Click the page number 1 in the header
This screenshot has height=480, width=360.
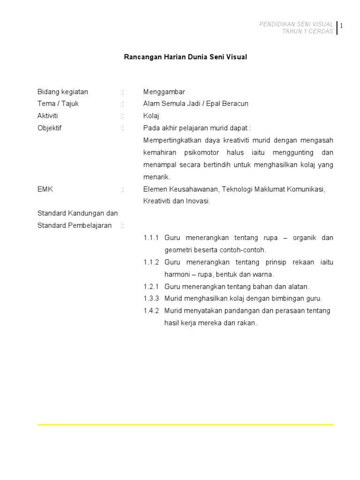[342, 26]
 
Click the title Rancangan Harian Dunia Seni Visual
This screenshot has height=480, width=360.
[185, 57]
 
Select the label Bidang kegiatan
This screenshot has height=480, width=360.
[63, 91]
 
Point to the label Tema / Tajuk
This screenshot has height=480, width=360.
[58, 104]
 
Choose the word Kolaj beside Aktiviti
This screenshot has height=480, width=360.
[151, 116]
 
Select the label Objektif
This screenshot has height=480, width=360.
[50, 128]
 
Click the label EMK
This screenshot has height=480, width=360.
[45, 189]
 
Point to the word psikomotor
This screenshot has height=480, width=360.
[202, 152]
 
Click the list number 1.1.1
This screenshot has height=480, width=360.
[151, 238]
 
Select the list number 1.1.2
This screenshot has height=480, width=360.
[151, 262]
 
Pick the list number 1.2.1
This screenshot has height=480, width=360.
[151, 286]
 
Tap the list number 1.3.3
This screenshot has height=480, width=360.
[151, 299]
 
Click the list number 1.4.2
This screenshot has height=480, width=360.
[151, 311]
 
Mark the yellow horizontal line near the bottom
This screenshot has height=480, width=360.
[185, 425]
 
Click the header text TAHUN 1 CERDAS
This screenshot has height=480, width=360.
[307, 31]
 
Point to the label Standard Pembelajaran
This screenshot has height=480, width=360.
[75, 225]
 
